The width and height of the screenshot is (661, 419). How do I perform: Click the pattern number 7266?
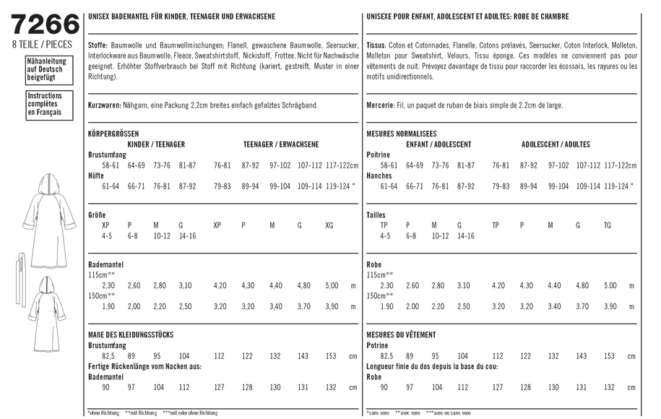46,25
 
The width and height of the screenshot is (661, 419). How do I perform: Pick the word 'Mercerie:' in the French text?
381,105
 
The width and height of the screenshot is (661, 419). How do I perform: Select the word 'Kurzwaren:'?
104,105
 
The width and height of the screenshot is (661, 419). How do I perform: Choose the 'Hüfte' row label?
96,176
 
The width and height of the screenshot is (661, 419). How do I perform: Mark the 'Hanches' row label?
379,176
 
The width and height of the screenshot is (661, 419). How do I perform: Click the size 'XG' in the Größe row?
330,225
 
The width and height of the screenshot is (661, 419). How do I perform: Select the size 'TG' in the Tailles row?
607,225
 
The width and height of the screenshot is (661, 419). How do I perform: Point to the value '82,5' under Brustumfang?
109,356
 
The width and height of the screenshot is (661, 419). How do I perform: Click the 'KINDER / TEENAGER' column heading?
156,144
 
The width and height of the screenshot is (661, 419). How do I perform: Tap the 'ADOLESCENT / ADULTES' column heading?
556,144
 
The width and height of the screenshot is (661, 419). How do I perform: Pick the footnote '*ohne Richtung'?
103,413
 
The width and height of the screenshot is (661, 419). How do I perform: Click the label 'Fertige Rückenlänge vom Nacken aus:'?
144,366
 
